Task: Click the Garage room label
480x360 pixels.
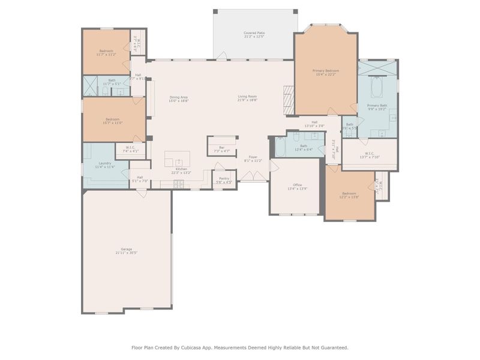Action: pyautogui.click(x=127, y=251)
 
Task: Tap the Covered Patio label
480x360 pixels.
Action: pyautogui.click(x=254, y=35)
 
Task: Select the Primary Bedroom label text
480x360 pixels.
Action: pyautogui.click(x=326, y=72)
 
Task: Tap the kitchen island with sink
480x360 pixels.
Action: pyautogui.click(x=178, y=160)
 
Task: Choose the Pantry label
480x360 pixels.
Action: pyautogui.click(x=224, y=179)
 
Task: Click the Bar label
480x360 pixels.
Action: pyautogui.click(x=221, y=149)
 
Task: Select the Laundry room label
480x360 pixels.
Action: pyautogui.click(x=105, y=165)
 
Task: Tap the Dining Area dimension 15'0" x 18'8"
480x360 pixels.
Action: pyautogui.click(x=179, y=101)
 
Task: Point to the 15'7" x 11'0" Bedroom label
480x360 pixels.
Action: pyautogui.click(x=114, y=122)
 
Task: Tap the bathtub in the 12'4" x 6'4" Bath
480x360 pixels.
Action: pyautogui.click(x=281, y=146)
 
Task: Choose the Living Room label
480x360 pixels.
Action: pyautogui.click(x=247, y=98)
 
